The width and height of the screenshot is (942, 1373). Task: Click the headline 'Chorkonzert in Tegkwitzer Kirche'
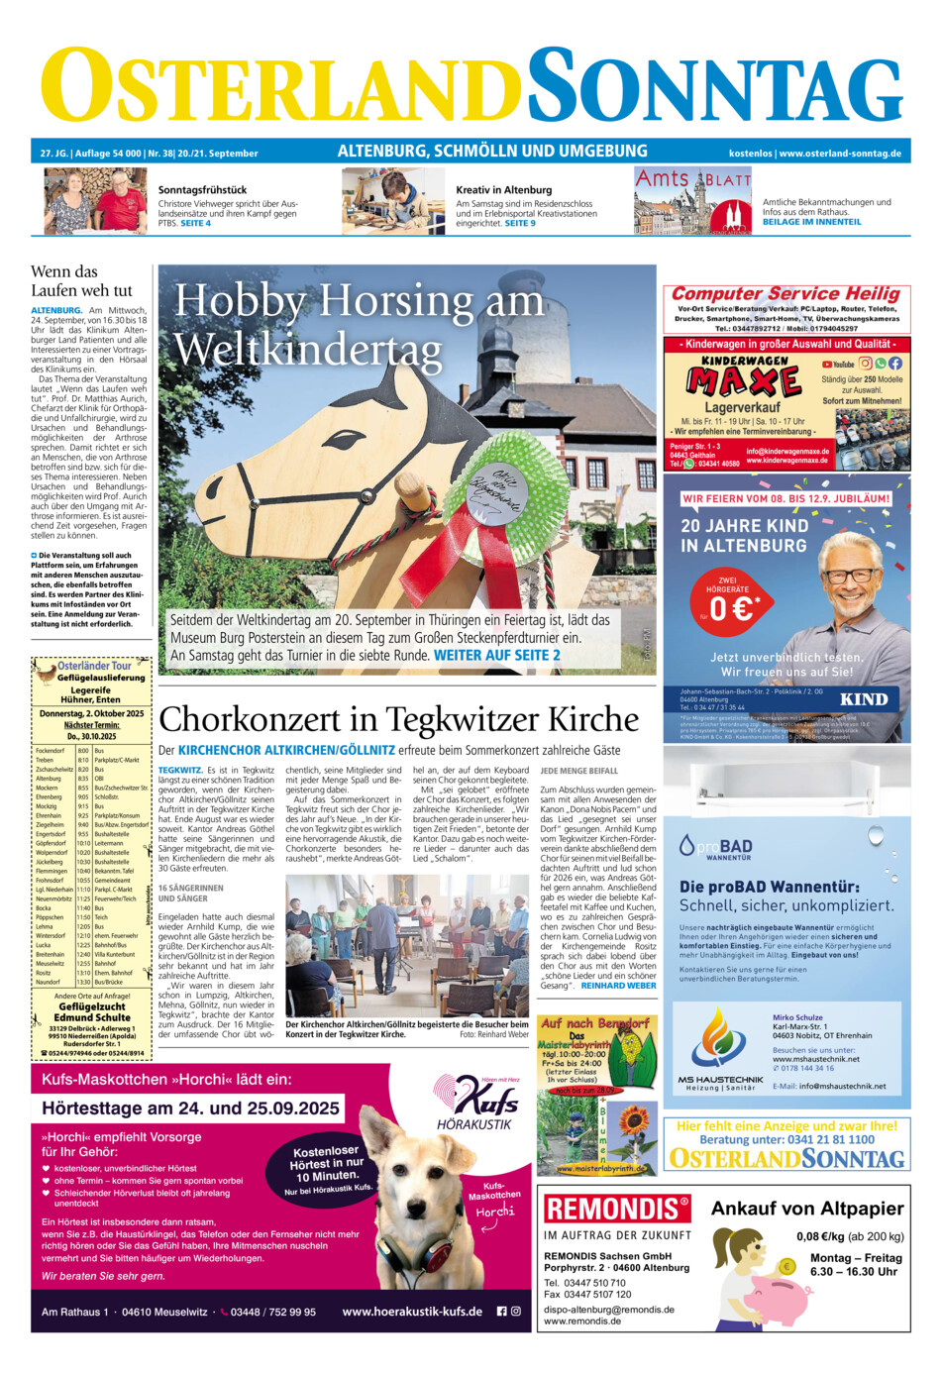point(399,719)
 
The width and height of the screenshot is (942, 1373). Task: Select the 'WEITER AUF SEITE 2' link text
point(496,655)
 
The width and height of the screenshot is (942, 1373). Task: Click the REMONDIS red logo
point(616,1208)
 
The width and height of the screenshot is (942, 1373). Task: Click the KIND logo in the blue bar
point(864,698)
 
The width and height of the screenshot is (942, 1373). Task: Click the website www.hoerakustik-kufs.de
point(412,1311)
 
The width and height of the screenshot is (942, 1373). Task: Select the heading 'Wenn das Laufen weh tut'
point(81,280)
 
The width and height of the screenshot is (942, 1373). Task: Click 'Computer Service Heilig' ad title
point(785,293)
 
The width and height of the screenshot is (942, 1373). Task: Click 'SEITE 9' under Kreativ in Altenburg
point(520,223)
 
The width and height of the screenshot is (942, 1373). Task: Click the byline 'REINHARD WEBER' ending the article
point(618,986)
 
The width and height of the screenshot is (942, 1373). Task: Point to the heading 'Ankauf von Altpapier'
point(807,1208)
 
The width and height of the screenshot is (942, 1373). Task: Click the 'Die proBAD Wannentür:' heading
point(769,887)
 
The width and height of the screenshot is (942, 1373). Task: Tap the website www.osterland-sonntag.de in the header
point(840,154)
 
